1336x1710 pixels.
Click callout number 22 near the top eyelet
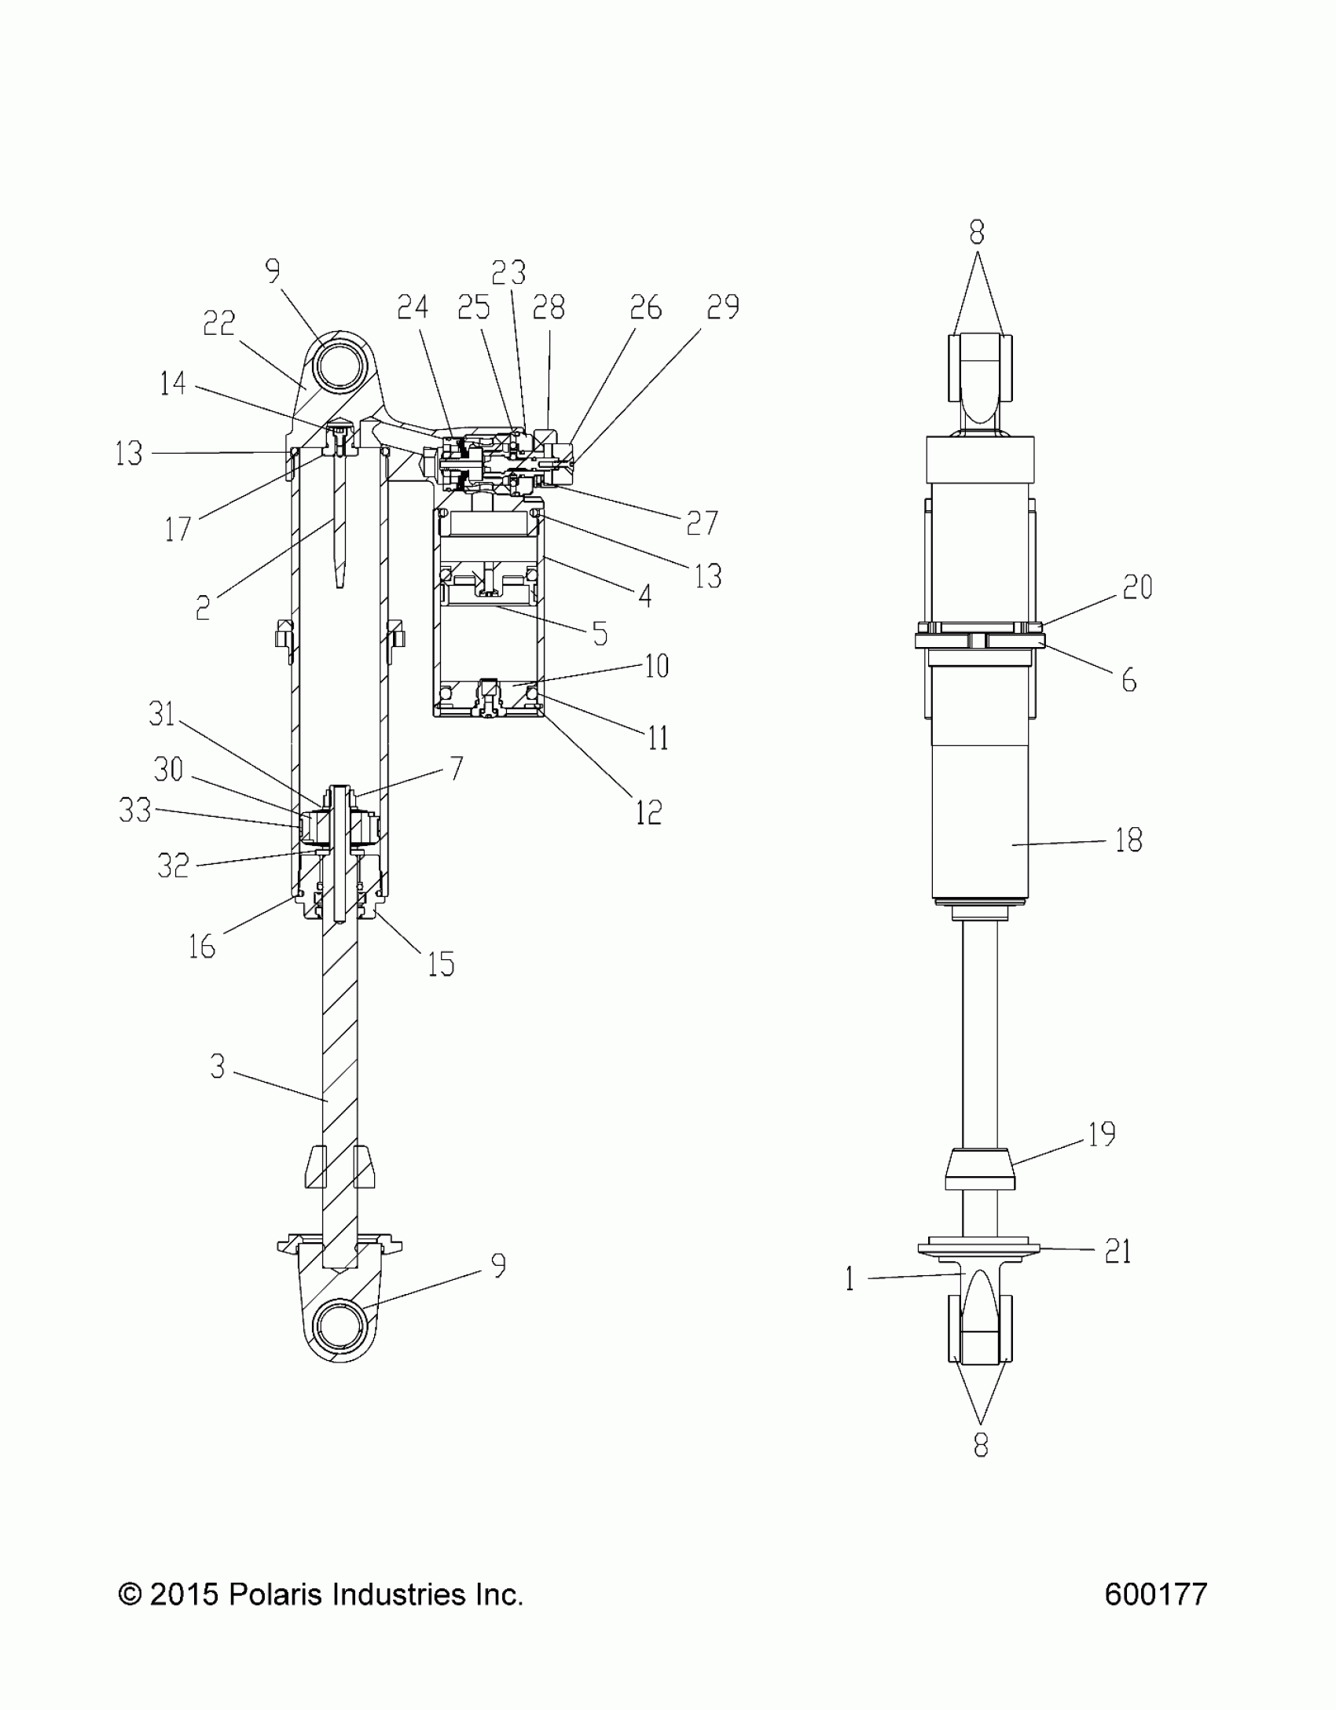click(218, 323)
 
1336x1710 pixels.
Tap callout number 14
click(172, 384)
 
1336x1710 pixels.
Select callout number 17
click(178, 529)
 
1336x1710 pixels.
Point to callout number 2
click(203, 608)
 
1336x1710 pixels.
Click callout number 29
click(722, 307)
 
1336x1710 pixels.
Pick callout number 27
click(702, 523)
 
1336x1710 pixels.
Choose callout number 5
click(600, 634)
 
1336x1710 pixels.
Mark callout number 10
click(656, 666)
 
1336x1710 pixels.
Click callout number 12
click(648, 812)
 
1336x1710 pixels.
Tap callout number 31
click(162, 714)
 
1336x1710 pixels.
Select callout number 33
click(134, 809)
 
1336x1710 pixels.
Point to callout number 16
click(202, 947)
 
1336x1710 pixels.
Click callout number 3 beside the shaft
click(218, 1067)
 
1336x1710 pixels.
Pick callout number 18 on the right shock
click(1129, 840)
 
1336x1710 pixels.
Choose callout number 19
click(1102, 1134)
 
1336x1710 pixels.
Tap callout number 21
click(1118, 1251)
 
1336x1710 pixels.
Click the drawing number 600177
click(1155, 1594)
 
